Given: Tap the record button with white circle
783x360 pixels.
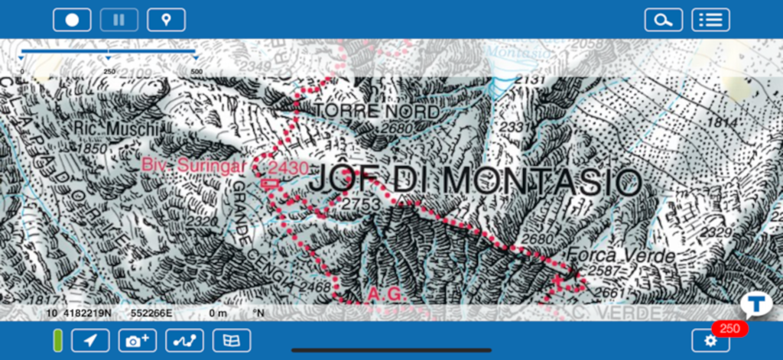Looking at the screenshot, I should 72,20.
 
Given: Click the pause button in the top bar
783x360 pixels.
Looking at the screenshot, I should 119,20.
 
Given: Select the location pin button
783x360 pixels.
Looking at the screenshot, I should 166,20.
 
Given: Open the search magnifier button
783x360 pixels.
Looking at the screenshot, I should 663,20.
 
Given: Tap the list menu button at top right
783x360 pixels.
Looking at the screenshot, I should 710,20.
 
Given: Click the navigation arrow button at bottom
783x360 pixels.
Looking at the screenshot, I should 90,340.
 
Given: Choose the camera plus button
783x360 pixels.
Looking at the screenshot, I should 138,340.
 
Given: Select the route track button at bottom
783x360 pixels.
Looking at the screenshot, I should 184,340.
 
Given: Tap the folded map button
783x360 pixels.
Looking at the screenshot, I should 232,340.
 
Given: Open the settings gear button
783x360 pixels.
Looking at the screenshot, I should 710,340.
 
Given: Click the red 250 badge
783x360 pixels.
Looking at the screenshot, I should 730,329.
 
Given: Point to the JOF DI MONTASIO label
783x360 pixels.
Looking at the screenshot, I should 474,181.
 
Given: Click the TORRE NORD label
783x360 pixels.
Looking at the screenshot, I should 377,112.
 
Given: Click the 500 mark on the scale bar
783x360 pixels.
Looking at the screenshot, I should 197,71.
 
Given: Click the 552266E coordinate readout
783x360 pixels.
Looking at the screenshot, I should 151,313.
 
